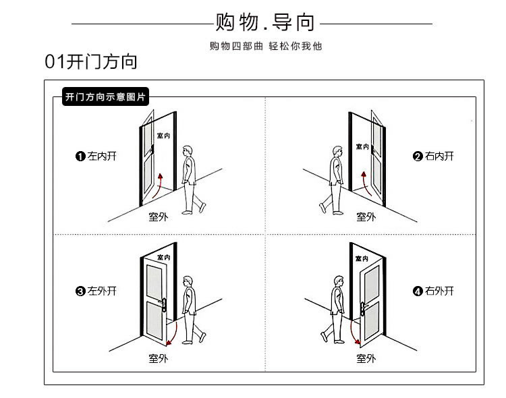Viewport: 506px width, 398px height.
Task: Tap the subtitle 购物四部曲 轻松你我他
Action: (266, 47)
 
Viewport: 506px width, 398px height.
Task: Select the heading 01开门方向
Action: (91, 63)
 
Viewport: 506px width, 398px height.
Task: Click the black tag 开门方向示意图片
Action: (104, 97)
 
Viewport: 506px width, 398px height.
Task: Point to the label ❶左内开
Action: (96, 157)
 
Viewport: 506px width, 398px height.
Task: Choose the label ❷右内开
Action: (433, 157)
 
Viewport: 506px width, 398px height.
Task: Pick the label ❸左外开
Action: (96, 291)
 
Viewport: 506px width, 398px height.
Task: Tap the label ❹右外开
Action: (433, 291)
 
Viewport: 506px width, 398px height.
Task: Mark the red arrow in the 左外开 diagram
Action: (173, 333)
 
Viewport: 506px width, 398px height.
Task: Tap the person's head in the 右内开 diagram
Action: (335, 151)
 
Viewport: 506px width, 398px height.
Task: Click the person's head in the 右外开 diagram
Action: (335, 281)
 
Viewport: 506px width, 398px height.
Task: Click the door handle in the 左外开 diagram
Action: (162, 303)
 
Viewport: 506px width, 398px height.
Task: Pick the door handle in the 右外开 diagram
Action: (365, 302)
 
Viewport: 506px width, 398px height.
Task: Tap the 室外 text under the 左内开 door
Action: (159, 217)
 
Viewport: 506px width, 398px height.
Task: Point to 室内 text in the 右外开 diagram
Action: (362, 259)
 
